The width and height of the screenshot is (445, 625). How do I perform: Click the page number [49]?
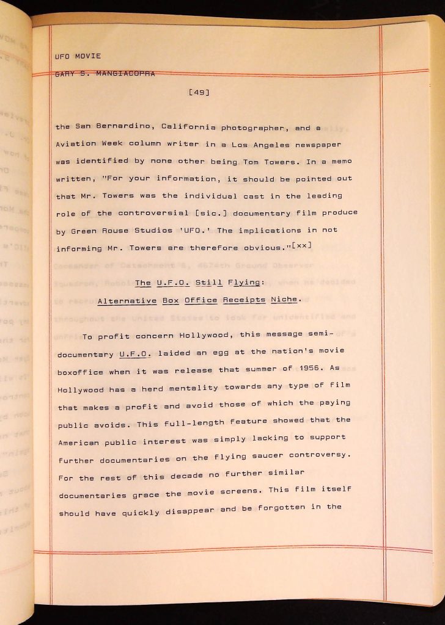click(x=200, y=92)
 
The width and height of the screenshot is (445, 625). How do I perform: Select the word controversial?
click(x=167, y=213)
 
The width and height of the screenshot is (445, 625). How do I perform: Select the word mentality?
click(x=197, y=387)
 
